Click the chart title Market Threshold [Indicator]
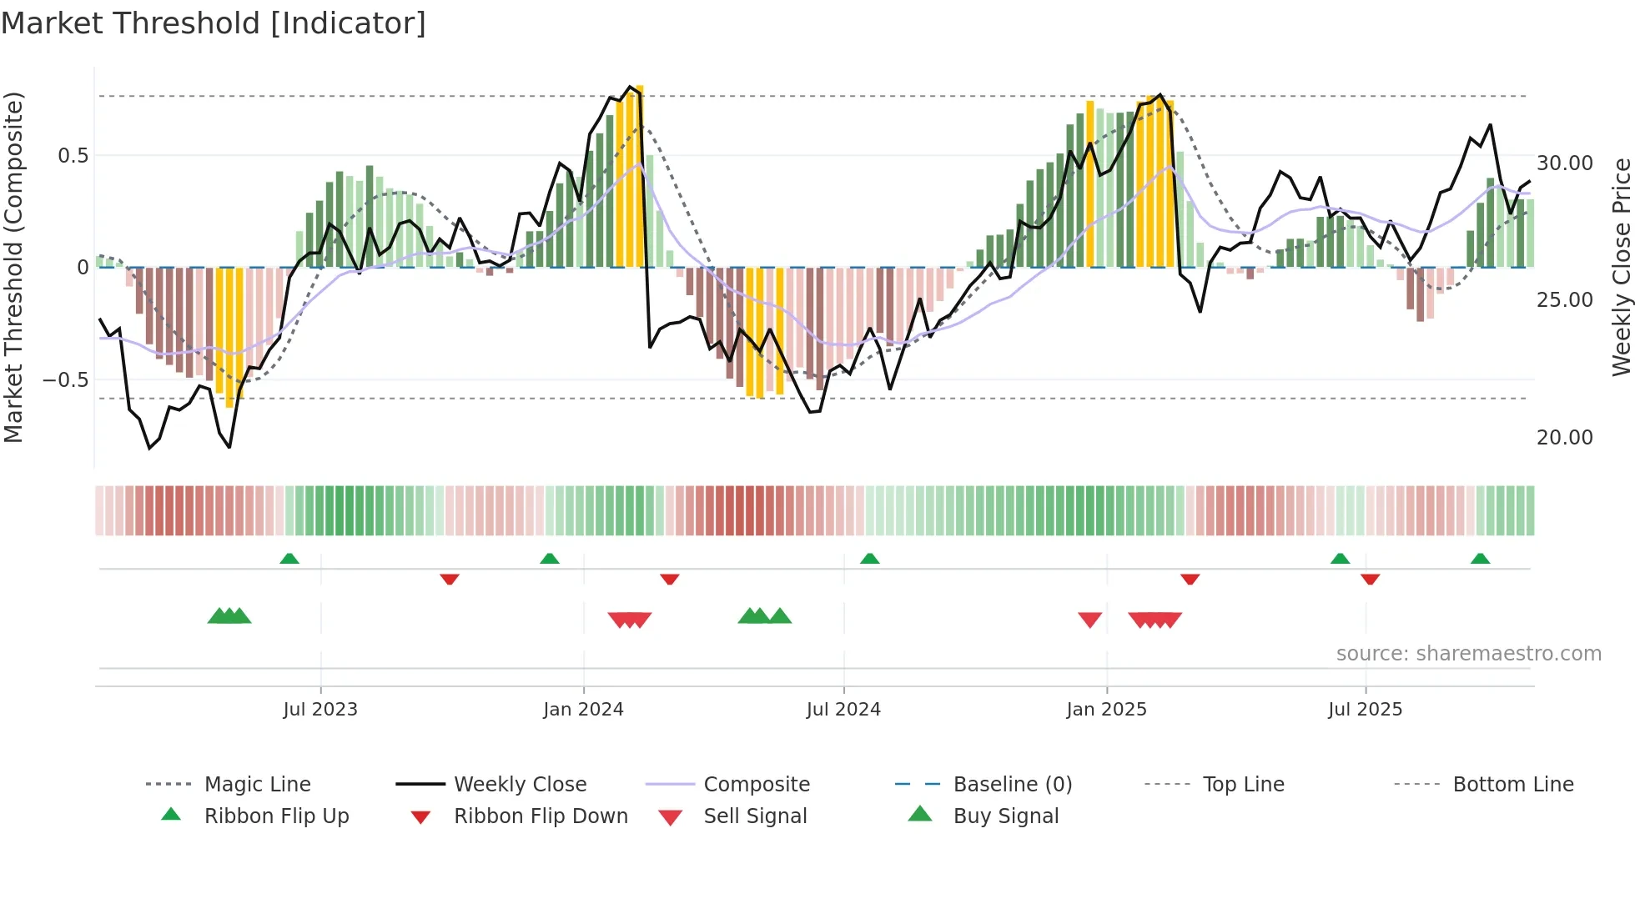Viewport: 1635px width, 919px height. (214, 23)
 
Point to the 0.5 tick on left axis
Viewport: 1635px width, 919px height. (73, 156)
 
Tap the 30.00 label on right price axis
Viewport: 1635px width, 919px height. (1564, 163)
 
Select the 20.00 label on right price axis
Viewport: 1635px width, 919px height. (1564, 438)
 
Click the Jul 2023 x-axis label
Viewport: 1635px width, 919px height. (320, 710)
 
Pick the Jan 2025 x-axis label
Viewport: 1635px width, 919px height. (1106, 710)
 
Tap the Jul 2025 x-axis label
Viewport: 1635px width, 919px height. (1365, 710)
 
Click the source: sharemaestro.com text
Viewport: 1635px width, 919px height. (1468, 654)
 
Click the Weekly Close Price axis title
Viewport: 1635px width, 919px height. (1621, 267)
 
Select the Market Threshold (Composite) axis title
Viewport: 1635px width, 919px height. (13, 267)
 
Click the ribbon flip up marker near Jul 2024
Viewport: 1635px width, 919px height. (869, 558)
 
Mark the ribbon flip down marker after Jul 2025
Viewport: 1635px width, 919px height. (1370, 579)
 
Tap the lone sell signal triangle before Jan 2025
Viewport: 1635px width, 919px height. (1089, 620)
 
